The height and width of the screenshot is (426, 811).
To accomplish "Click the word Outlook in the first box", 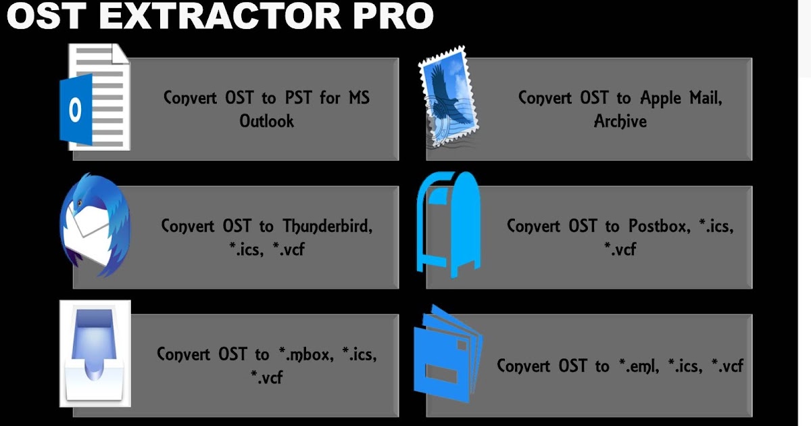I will (x=267, y=122).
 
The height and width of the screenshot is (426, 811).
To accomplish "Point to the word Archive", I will (x=620, y=122).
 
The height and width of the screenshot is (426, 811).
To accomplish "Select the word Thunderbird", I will (x=327, y=225).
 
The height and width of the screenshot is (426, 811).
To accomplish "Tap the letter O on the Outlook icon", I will (x=75, y=110).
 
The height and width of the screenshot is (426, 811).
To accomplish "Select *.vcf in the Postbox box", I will (x=620, y=249).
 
